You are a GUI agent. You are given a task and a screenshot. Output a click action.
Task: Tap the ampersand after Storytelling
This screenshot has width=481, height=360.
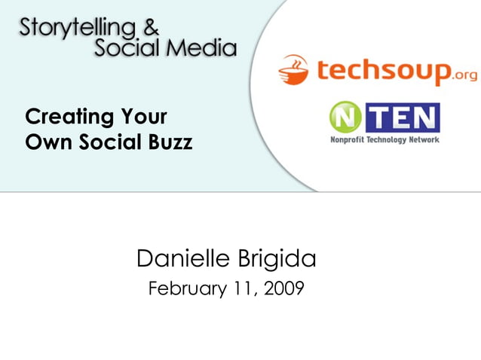point(152,27)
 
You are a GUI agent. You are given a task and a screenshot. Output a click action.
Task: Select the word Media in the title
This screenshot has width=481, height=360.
point(202,49)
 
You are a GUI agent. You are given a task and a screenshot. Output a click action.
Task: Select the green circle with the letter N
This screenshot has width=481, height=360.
point(344,118)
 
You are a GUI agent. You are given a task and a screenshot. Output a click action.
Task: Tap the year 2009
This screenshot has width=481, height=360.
point(285,288)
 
